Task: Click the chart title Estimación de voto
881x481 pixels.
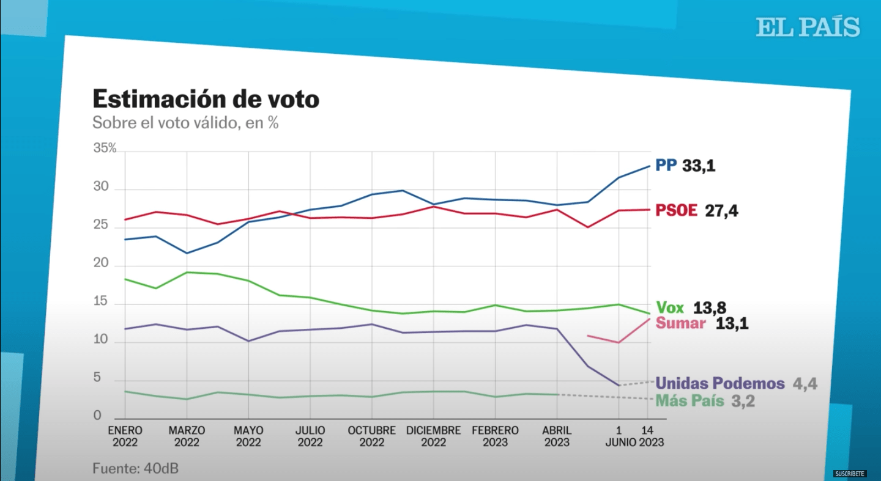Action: [x=206, y=99]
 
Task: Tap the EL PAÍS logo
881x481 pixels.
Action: [x=808, y=28]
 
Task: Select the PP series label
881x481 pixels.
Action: [x=666, y=166]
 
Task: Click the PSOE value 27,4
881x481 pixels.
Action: [x=722, y=211]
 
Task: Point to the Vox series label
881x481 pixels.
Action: [x=669, y=307]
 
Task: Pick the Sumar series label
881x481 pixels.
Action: [x=680, y=323]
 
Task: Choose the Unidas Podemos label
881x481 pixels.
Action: [x=719, y=384]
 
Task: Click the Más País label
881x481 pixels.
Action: [x=690, y=402]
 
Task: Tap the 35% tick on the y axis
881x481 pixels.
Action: [x=105, y=149]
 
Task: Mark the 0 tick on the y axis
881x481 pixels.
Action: [x=97, y=416]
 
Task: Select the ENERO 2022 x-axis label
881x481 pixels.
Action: [x=125, y=436]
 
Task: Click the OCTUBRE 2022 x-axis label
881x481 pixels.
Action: [x=372, y=436]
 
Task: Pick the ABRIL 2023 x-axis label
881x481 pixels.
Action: [x=557, y=436]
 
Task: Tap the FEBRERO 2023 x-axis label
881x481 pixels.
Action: [x=495, y=436]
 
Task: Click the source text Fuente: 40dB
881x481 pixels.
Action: [x=135, y=469]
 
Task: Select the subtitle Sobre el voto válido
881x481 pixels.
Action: [x=185, y=123]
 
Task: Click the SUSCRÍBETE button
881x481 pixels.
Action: [x=850, y=474]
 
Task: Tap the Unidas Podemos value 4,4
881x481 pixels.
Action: [x=805, y=384]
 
